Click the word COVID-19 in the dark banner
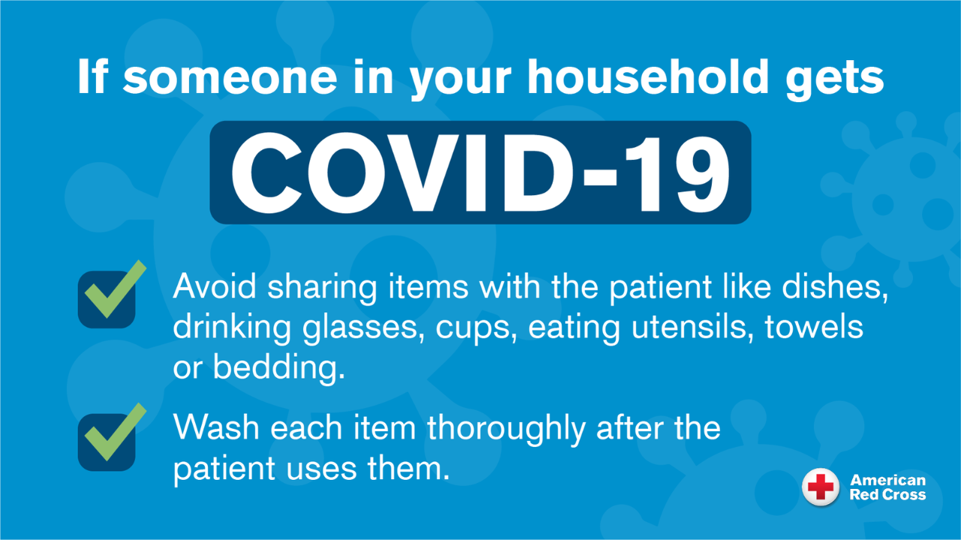point(480,173)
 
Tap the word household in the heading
point(647,77)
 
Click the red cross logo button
point(821,487)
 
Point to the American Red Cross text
point(887,487)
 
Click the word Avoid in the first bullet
point(215,286)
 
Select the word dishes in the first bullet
point(835,287)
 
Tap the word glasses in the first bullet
point(363,328)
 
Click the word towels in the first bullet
point(815,327)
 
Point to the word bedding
point(279,367)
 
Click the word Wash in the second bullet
point(216,427)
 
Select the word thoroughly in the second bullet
point(506,430)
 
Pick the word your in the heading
point(461,82)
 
